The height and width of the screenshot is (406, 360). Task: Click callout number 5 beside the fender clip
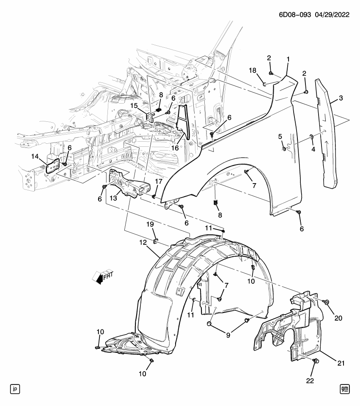coord(280,136)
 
